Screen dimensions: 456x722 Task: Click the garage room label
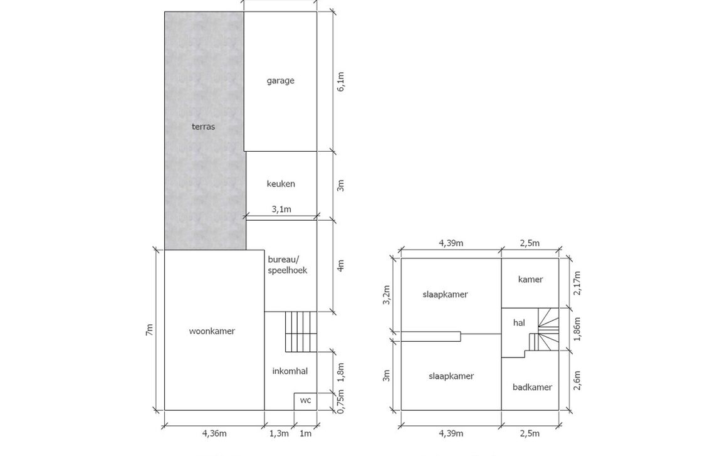coord(280,81)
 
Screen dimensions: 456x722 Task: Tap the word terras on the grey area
coord(203,127)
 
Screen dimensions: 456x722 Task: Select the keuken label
coord(281,184)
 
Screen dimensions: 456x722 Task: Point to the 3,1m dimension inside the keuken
coord(281,209)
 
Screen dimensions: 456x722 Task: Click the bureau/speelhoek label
coord(287,265)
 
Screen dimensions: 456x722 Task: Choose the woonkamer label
coord(212,331)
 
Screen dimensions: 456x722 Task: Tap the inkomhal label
coord(290,371)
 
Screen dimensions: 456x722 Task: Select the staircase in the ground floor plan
coord(298,331)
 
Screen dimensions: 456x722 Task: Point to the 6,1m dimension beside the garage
coord(341,82)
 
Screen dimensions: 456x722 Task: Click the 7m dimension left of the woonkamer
coord(149,329)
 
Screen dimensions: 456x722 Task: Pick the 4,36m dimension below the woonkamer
coord(214,433)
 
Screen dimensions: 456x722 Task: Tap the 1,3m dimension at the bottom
coord(279,433)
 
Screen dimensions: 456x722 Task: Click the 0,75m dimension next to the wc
coord(341,401)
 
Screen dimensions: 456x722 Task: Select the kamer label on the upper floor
coord(530,280)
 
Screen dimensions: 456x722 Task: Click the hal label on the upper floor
coord(519,323)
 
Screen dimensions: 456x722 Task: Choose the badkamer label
coord(532,387)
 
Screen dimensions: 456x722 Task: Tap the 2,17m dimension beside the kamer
coord(577,283)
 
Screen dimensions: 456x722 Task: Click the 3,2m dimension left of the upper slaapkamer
coord(387,295)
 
